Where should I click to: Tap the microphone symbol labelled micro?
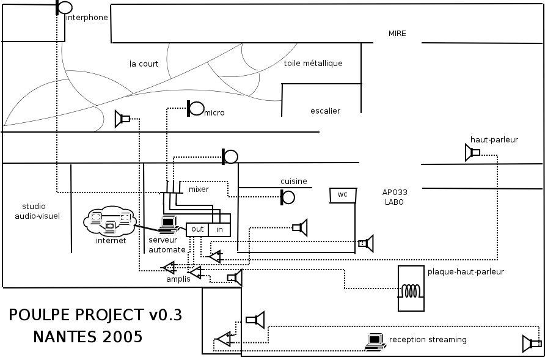[196, 109]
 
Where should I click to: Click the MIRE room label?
[397, 34]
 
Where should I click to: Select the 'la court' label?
[144, 64]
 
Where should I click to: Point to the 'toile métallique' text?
[313, 63]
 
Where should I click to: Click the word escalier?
[325, 111]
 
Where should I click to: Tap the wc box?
[343, 195]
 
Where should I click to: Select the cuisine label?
[294, 181]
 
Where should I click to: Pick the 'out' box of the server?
[197, 230]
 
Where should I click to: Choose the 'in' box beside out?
[219, 230]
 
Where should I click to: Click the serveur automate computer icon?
[167, 226]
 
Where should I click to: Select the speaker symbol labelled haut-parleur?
[472, 152]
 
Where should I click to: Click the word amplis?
[178, 279]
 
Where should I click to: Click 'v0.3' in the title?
[165, 315]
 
